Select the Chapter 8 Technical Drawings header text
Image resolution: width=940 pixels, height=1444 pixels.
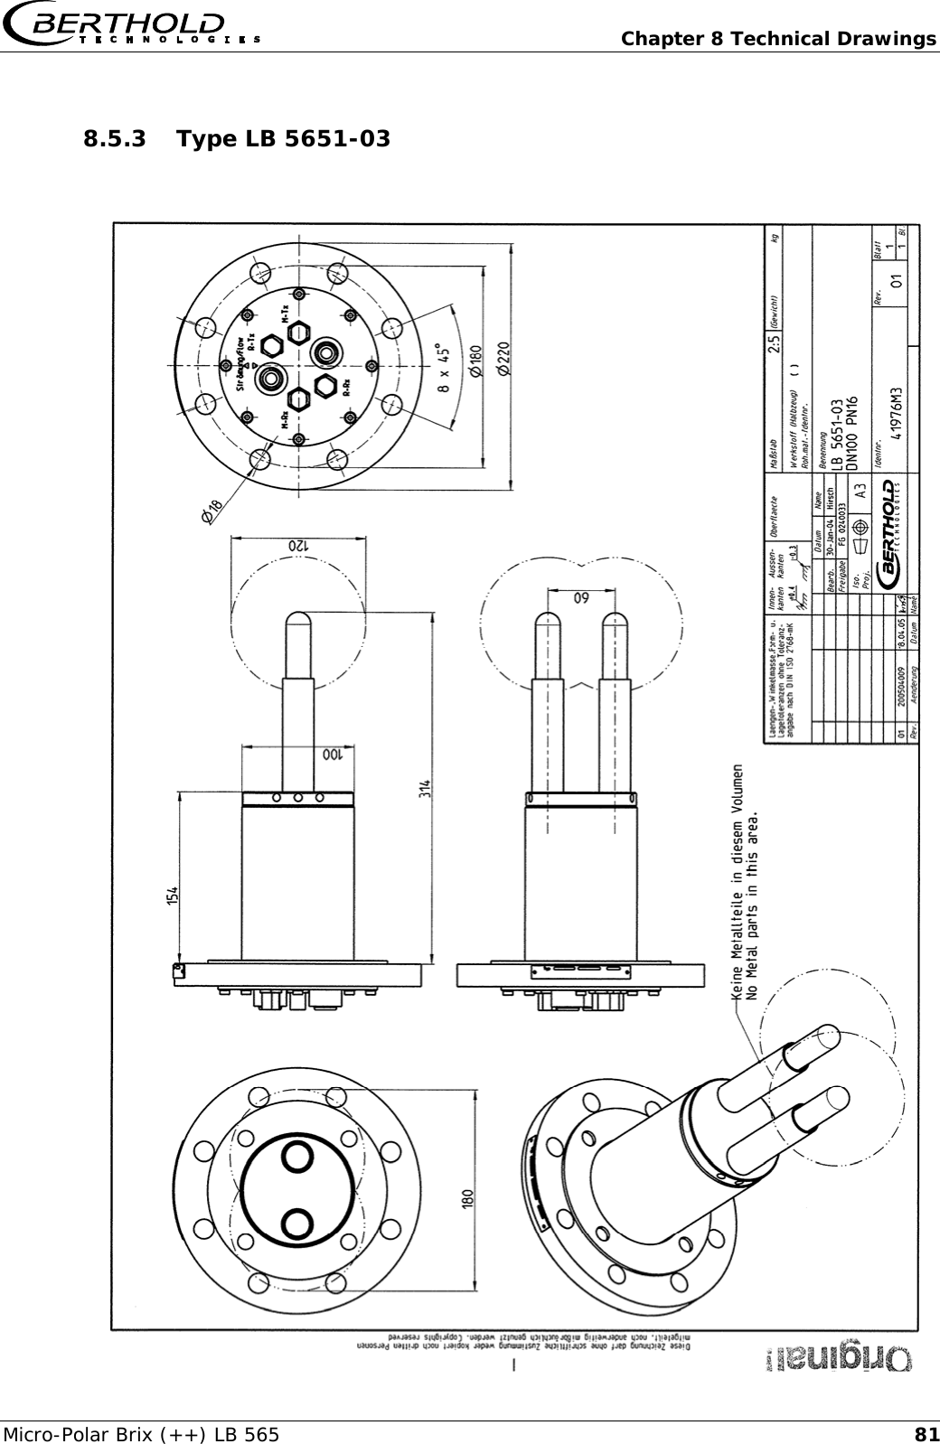tap(778, 39)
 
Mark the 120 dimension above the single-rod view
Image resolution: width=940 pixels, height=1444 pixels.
tap(298, 546)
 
